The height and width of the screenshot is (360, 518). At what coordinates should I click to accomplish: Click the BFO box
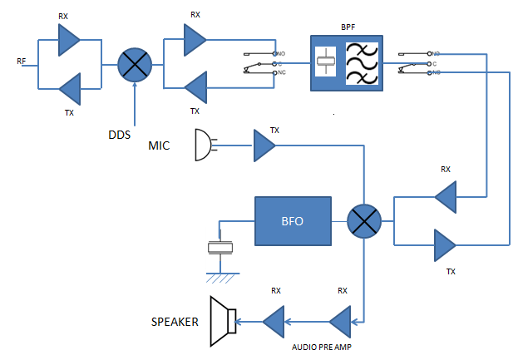tap(294, 220)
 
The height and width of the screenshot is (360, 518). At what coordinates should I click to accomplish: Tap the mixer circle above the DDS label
tap(132, 63)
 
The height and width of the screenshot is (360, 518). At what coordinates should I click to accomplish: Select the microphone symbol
tap(203, 145)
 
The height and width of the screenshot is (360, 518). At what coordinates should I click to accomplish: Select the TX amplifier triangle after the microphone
tap(264, 146)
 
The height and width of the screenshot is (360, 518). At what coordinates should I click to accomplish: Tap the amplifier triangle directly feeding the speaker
tap(274, 319)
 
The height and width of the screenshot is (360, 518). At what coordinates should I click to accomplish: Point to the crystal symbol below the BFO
tap(220, 247)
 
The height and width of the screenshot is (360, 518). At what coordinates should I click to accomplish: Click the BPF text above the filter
tap(344, 27)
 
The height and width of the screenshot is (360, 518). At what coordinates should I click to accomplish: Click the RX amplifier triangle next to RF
tap(68, 37)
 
